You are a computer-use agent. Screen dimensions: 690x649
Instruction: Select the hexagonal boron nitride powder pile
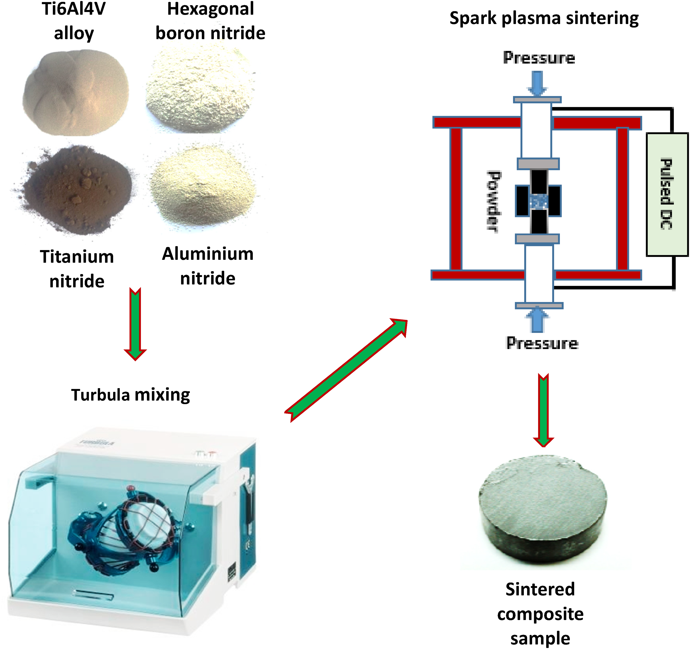pyautogui.click(x=201, y=90)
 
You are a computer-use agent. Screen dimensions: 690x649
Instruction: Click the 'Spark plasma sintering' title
pyautogui.click(x=544, y=18)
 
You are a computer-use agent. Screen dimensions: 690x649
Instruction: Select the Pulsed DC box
pyautogui.click(x=667, y=194)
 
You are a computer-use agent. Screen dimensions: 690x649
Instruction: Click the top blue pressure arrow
pyautogui.click(x=537, y=83)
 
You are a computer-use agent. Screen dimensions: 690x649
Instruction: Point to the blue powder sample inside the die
pyautogui.click(x=539, y=201)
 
